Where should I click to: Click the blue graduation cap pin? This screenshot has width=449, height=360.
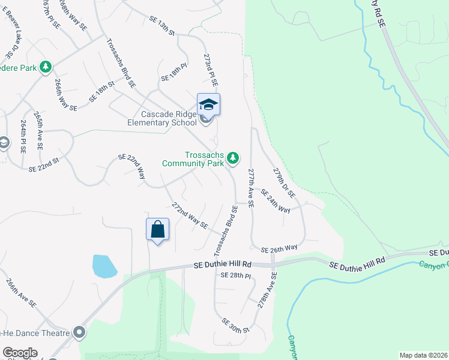point(208,104)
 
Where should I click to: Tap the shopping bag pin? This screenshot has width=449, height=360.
point(157,229)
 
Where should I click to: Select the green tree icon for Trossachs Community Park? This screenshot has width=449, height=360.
point(233,158)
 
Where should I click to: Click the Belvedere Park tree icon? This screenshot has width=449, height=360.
point(46,67)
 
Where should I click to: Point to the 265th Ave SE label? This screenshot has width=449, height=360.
point(39,129)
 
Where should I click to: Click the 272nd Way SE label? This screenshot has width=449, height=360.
point(189,215)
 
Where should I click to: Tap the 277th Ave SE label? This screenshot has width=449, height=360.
point(251,188)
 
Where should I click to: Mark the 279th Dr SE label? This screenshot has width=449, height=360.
point(284,182)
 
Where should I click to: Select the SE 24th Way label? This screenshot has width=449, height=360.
point(275,201)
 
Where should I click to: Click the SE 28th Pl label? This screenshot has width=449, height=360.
point(235,275)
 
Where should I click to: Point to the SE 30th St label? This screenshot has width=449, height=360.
point(235,326)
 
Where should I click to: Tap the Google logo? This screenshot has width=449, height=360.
point(20,353)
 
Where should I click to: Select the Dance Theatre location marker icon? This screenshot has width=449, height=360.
point(79,332)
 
